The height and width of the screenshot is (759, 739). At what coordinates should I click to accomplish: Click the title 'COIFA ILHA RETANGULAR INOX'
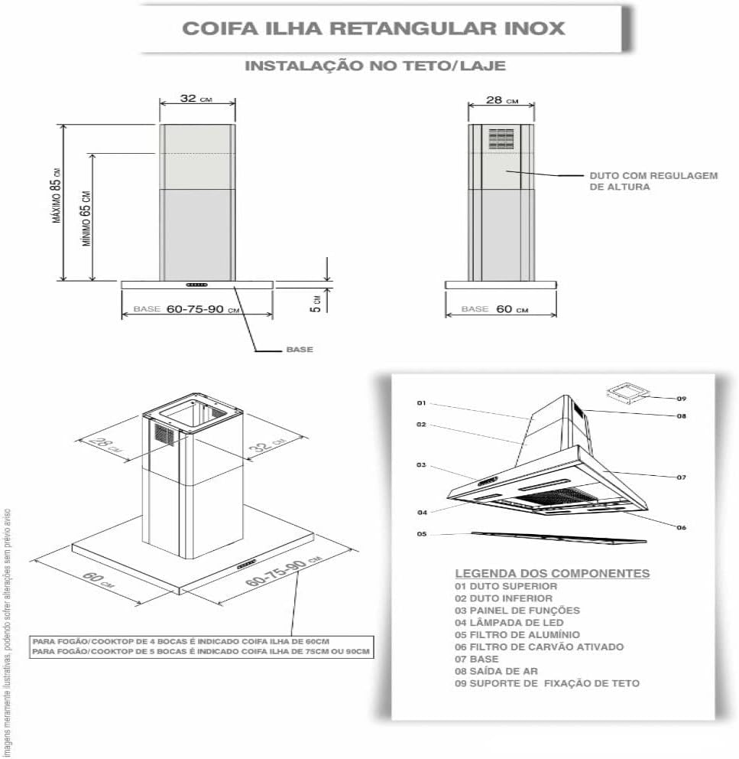pos(374,28)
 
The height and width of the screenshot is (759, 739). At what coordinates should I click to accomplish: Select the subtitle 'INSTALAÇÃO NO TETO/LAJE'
pos(374,66)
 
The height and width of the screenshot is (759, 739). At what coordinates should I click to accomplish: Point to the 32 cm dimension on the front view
pos(196,99)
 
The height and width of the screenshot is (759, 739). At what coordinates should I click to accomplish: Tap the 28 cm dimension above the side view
pos(501,100)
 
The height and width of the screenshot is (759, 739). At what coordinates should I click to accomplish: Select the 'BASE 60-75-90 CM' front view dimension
pos(186,309)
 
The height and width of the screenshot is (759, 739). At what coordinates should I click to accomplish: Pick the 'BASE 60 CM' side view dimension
pos(494,309)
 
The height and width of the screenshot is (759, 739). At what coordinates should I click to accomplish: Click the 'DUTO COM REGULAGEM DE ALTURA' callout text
pos(653,181)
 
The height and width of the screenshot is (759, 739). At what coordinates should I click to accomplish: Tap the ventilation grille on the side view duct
pos(502,137)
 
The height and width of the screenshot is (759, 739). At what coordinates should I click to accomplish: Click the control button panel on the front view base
pos(196,285)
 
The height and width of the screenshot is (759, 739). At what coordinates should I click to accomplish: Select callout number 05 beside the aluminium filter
pos(421,534)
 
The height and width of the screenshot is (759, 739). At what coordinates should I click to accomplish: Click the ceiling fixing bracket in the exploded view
pos(624,393)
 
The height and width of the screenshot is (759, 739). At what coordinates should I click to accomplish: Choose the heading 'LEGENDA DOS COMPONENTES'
pos(552,573)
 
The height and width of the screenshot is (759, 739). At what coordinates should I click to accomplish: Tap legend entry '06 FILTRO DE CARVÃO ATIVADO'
pos(539,647)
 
